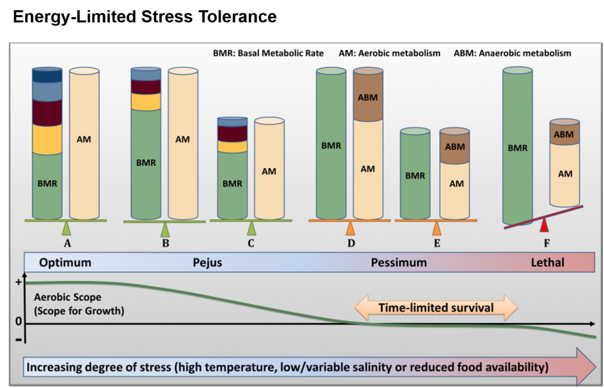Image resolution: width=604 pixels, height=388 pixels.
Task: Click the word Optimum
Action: click(65, 263)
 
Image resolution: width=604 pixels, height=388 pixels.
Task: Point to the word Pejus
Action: click(207, 263)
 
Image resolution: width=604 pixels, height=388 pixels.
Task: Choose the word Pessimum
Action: click(398, 263)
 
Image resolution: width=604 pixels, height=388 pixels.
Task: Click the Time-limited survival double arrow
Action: click(436, 307)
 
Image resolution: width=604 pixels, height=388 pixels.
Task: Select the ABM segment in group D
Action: click(367, 97)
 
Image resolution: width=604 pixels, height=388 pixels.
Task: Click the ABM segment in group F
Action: click(564, 134)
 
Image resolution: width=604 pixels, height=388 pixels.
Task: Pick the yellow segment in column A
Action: click(47, 139)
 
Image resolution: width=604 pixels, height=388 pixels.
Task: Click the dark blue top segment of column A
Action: click(47, 75)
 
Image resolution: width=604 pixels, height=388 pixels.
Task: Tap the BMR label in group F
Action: click(517, 148)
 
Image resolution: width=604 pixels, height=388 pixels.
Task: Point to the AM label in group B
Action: click(183, 140)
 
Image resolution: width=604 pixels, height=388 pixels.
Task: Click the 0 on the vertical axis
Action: click(18, 322)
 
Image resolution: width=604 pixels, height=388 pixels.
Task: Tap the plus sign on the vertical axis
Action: click(18, 282)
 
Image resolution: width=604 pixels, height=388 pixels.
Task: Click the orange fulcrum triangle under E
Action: click(436, 228)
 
